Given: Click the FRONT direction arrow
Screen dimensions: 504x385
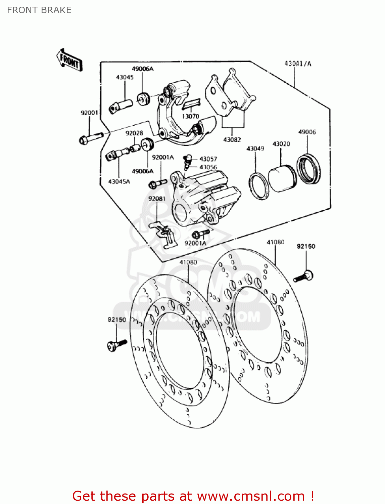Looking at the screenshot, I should pyautogui.click(x=69, y=60).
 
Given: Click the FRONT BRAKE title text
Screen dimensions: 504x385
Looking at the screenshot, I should pyautogui.click(x=39, y=10).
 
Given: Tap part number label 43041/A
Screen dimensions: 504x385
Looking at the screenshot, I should pyautogui.click(x=297, y=64).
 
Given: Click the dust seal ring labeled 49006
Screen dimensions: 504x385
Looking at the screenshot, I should pyautogui.click(x=308, y=169).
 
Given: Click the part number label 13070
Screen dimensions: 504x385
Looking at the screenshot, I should pyautogui.click(x=190, y=116).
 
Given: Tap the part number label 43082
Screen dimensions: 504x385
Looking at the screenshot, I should pyautogui.click(x=232, y=139).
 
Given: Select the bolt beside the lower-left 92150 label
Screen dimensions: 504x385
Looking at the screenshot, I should pyautogui.click(x=116, y=345).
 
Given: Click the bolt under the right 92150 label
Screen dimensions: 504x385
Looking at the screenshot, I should pyautogui.click(x=304, y=276).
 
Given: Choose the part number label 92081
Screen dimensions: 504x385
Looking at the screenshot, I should pyautogui.click(x=157, y=199).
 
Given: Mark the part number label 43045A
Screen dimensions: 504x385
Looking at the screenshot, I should pyautogui.click(x=119, y=181).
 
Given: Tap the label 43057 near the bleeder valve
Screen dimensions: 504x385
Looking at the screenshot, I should pyautogui.click(x=208, y=159).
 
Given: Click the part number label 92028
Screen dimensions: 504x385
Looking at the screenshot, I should pyautogui.click(x=134, y=133).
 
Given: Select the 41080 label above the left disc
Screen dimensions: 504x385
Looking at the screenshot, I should pyautogui.click(x=188, y=262).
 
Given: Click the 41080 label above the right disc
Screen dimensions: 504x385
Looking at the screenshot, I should pyautogui.click(x=275, y=242).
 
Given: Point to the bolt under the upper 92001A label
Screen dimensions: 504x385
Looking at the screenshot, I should pyautogui.click(x=157, y=183).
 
